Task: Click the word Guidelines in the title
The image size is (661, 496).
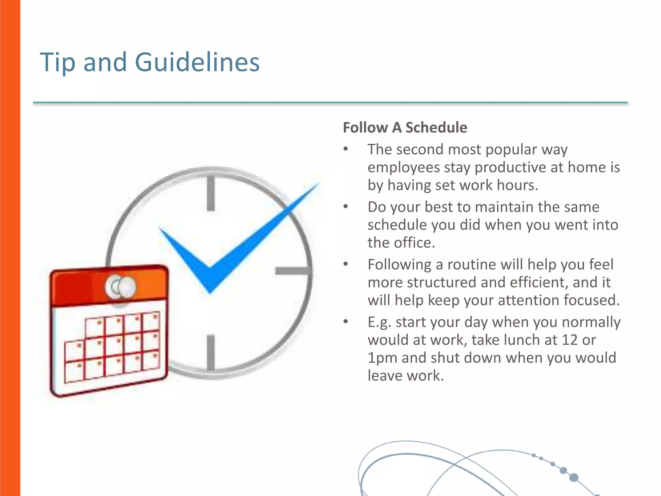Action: (x=197, y=62)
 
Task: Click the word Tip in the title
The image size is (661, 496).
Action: (x=57, y=62)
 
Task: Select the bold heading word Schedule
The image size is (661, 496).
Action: (x=436, y=128)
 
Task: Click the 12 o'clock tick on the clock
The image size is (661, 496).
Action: (x=211, y=193)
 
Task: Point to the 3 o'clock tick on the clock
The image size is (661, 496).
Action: (x=292, y=271)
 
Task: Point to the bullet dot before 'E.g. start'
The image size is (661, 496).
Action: (x=346, y=322)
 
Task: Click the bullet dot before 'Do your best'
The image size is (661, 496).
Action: (x=346, y=206)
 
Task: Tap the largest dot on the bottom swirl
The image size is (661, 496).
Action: (x=574, y=477)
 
